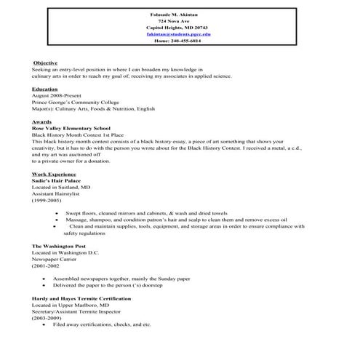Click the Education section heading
pyautogui.click(x=45, y=89)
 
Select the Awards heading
pyautogui.click(x=41, y=121)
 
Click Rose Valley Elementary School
pyautogui.click(x=71, y=128)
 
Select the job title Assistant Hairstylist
pyautogui.click(x=59, y=193)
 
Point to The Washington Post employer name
pyautogui.click(x=58, y=246)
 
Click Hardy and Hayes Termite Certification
pyautogui.click(x=81, y=298)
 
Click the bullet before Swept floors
pyautogui.click(x=57, y=213)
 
